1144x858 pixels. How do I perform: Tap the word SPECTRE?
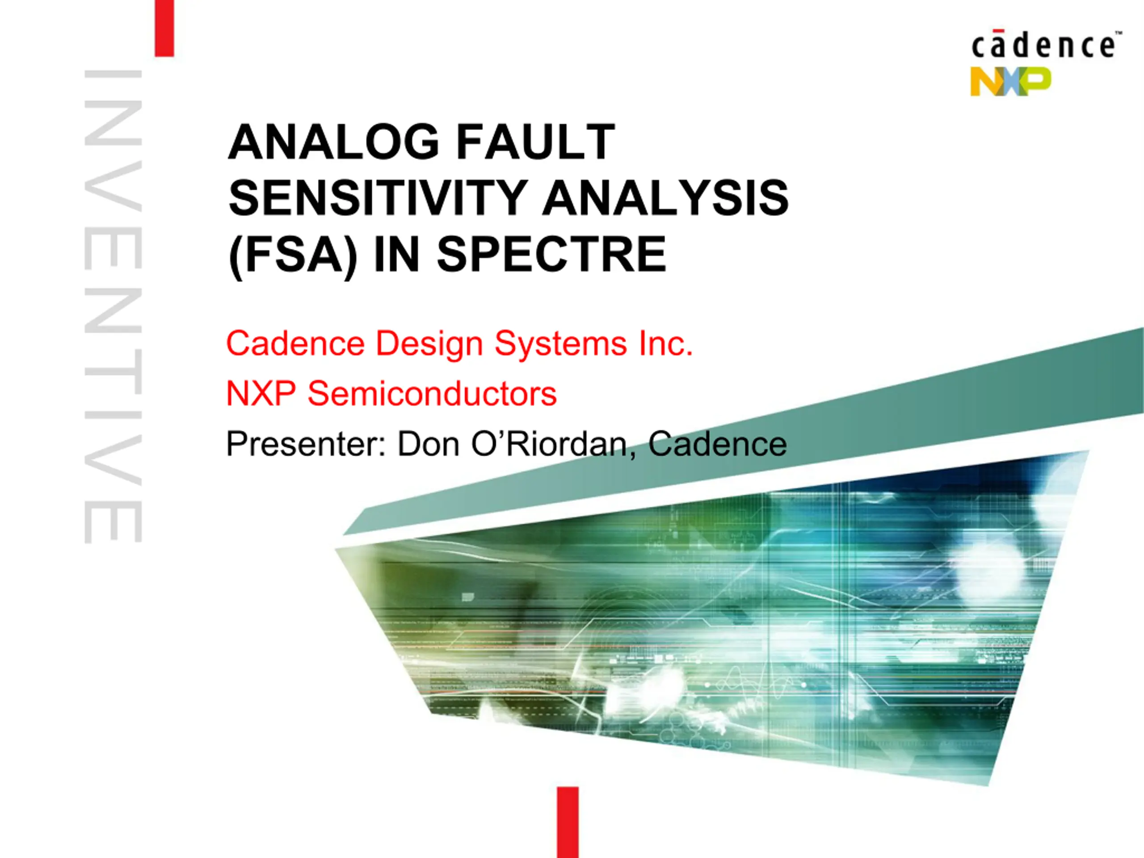(552, 254)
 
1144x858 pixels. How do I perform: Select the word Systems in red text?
(561, 345)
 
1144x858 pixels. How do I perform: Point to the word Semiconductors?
(432, 394)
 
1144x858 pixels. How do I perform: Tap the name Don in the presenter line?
(428, 444)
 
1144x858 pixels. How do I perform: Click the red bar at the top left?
(164, 28)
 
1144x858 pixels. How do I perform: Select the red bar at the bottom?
(568, 822)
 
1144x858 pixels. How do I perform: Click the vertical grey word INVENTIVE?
(113, 307)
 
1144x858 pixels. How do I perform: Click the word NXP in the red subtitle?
(261, 394)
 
